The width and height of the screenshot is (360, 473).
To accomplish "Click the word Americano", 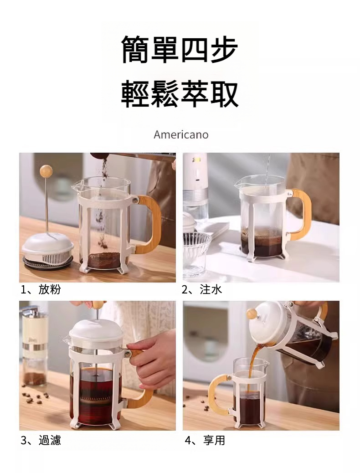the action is (181, 134).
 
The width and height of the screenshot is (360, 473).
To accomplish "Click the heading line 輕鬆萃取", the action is (180, 94).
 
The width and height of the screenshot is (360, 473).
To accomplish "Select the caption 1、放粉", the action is (41, 290).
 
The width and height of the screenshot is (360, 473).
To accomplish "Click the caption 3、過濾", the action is (41, 441).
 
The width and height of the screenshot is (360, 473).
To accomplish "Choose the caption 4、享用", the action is (205, 441).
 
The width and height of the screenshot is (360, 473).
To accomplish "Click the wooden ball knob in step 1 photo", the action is (46, 171).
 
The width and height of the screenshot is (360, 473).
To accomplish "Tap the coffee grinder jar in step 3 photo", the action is (35, 347).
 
